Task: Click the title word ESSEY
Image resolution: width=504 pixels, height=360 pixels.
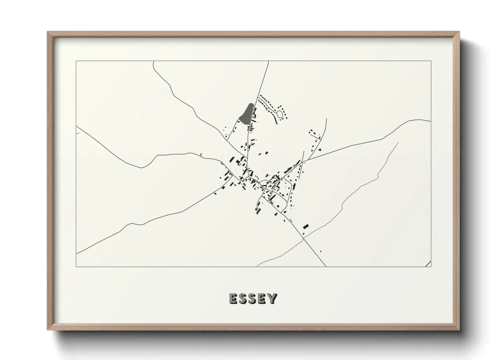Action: (x=253, y=298)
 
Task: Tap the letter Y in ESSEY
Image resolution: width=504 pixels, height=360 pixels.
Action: (x=272, y=298)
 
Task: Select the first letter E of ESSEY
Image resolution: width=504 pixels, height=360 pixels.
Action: (x=234, y=298)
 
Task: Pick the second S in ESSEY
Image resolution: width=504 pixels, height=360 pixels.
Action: (x=253, y=298)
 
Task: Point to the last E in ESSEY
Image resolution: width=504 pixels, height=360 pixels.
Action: (x=263, y=298)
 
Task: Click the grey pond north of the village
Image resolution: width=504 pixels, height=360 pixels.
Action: (x=247, y=113)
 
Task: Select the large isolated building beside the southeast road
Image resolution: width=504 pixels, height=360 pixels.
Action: (x=305, y=226)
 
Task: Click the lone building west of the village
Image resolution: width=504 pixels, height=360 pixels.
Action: (x=201, y=155)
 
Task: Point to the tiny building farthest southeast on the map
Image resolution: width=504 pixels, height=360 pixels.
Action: (x=320, y=251)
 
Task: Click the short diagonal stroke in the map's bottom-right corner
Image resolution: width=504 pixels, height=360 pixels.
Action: (x=428, y=264)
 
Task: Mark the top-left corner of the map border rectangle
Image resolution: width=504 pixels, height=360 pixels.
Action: (x=76, y=61)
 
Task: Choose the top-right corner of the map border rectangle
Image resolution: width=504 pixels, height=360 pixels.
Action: (x=431, y=61)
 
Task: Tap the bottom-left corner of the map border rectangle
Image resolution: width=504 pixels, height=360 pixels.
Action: (x=76, y=266)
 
